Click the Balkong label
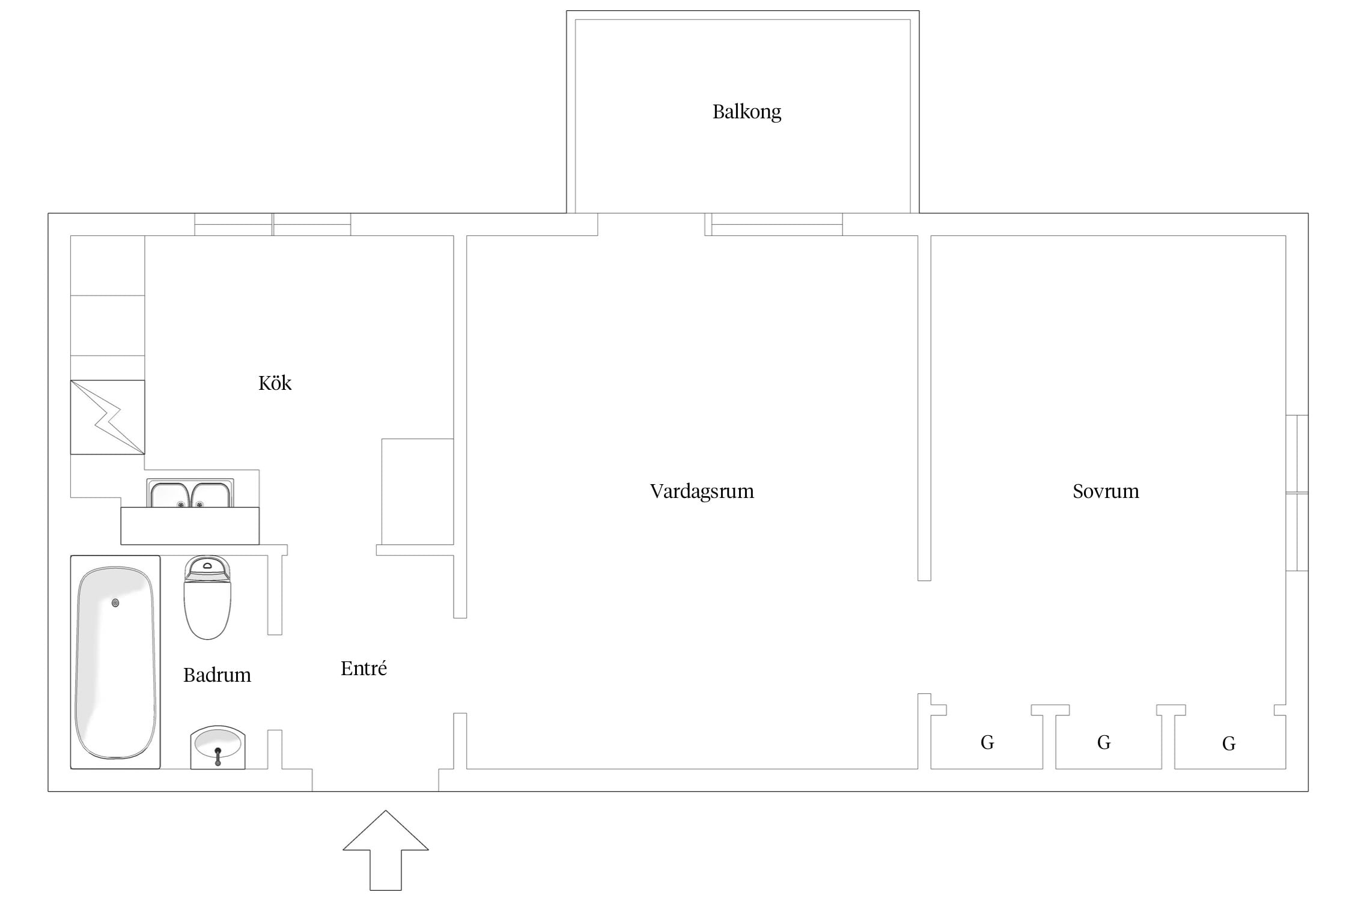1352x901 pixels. coord(747,112)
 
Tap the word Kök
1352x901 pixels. coord(275,383)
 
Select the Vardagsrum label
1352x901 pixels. coord(702,491)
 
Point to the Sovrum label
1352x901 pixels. coord(1106,491)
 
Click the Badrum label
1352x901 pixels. coord(217,675)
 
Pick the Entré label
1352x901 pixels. coord(364,668)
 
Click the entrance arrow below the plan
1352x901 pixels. coord(386,851)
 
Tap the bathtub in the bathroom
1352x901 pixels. coord(115,662)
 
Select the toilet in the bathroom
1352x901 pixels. coord(207,597)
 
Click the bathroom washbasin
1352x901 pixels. coord(218,747)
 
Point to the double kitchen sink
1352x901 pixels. coord(190,494)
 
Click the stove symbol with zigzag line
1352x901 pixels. coord(108,417)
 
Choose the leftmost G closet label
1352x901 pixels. coord(987,742)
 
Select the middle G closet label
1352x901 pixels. coord(1104,742)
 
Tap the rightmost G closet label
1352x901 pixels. coord(1229,744)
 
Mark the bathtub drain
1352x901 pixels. coord(115,603)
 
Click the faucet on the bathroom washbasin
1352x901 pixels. coord(218,756)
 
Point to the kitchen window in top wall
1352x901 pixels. coord(273,224)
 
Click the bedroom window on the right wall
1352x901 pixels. coord(1297,493)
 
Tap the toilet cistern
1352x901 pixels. coord(207,568)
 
